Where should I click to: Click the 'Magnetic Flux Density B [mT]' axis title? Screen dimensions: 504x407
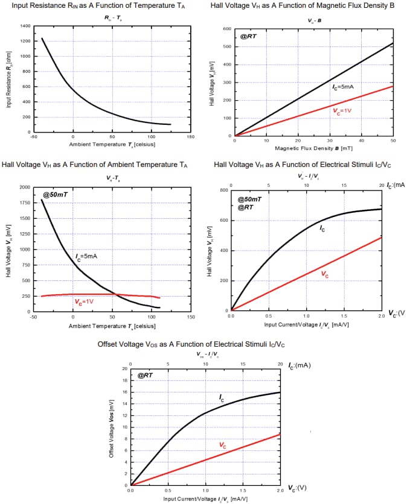[313, 148]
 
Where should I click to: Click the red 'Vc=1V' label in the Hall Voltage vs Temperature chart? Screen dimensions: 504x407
[85, 301]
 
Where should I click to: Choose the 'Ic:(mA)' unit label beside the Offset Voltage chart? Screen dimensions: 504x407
[300, 365]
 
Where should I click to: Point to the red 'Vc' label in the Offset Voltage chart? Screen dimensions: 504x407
[223, 446]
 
